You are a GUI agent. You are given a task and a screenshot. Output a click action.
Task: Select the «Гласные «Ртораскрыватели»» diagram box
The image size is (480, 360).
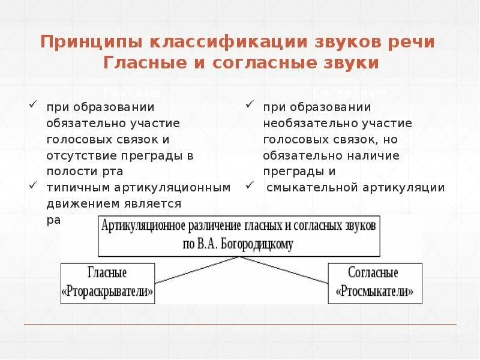[108, 283]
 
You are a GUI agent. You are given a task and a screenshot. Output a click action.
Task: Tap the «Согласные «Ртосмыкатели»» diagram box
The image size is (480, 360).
[374, 283]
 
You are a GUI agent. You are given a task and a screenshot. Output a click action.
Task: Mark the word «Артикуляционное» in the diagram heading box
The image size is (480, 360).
[142, 226]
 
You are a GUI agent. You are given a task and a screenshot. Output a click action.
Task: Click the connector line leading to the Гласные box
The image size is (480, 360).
[198, 269]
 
